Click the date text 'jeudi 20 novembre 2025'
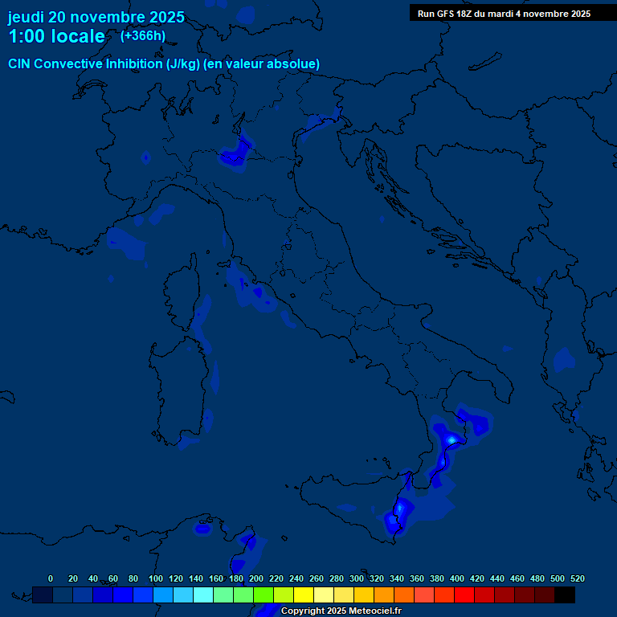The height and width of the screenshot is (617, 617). coord(96,17)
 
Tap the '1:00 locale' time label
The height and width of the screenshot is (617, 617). coord(56,36)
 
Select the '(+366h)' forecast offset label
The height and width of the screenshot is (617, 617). coord(143,35)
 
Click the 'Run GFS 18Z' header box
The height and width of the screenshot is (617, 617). coord(504,13)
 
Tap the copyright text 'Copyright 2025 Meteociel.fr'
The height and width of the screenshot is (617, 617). coord(341,611)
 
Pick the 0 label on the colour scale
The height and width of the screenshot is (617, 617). coord(51,578)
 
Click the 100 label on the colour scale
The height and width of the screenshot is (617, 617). coord(156,578)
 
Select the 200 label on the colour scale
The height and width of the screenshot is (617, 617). coord(256,578)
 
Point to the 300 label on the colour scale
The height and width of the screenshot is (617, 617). coord(357,578)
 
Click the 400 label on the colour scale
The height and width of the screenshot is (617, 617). coord(457,578)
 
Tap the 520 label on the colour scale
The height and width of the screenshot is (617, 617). coord(577,578)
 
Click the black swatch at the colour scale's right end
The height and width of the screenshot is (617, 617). coord(565,595)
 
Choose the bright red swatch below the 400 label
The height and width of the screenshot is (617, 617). coord(464,595)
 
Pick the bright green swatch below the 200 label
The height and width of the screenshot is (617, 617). coord(264,595)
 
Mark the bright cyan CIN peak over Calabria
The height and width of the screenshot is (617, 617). coord(452,439)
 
